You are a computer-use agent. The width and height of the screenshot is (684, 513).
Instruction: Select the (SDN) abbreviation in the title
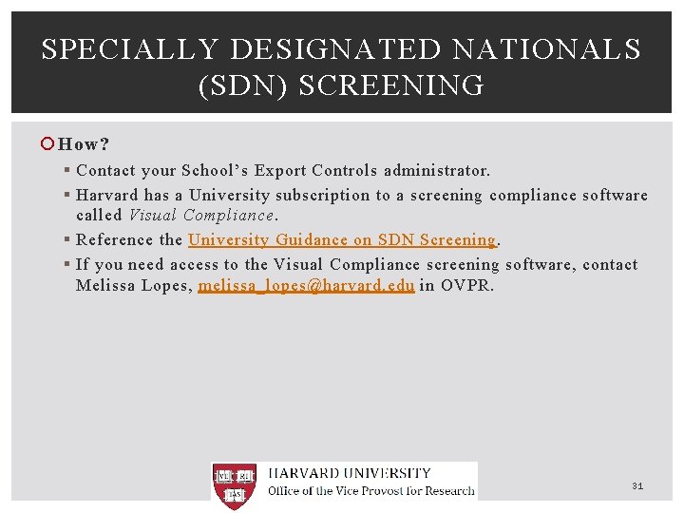242,86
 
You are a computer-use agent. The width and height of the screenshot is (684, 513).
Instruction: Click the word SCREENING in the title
391,86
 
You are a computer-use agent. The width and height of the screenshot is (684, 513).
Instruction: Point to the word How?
84,144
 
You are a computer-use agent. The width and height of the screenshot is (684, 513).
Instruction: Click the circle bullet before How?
47,144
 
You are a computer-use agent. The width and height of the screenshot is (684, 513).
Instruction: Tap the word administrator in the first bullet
437,171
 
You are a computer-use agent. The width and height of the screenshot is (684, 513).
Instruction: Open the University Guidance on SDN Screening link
342,240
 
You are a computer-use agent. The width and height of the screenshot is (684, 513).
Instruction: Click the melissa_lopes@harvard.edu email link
306,285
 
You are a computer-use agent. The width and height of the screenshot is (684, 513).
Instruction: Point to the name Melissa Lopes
132,285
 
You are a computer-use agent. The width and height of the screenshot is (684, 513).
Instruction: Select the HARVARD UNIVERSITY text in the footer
350,473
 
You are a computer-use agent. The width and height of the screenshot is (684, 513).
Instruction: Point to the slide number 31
637,486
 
